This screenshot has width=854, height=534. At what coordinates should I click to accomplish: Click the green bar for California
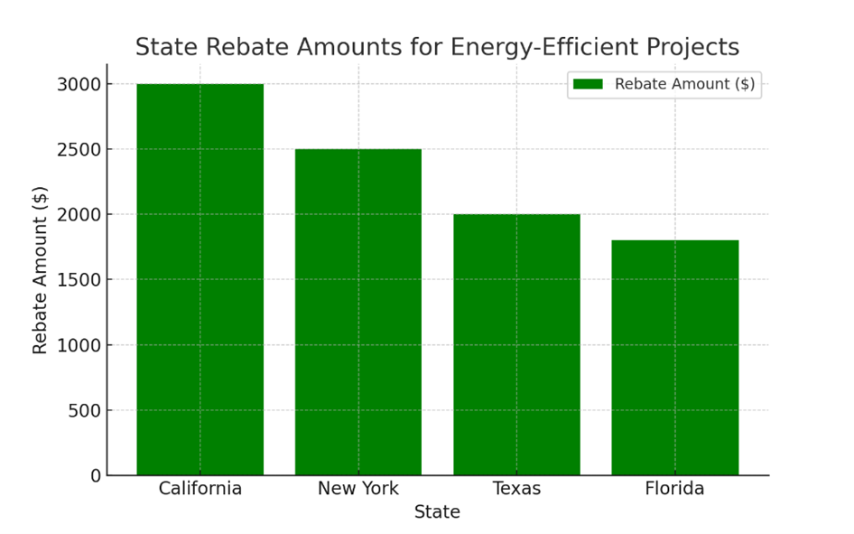pos(200,279)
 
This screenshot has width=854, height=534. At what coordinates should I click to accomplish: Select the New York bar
pos(357,312)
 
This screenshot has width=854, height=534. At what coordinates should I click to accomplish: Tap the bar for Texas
pos(516,344)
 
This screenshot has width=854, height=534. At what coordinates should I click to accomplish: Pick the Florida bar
pos(674,357)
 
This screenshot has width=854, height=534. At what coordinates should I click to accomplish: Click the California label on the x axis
pos(200,489)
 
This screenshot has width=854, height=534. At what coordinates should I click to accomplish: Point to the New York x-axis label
pos(357,489)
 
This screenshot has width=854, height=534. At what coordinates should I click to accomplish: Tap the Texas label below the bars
pos(516,489)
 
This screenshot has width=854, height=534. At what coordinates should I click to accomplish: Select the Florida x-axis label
pos(674,489)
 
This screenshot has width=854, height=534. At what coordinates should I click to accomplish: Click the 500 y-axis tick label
pos(85,410)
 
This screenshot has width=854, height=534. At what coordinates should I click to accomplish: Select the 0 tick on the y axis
pos(96,475)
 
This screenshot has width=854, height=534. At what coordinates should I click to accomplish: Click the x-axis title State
pos(437,512)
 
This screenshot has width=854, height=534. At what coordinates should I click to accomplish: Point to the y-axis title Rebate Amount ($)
pos(40,269)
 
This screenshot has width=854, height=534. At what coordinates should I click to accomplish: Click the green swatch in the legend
pos(588,84)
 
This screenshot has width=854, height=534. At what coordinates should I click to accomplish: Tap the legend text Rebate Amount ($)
pos(684,84)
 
